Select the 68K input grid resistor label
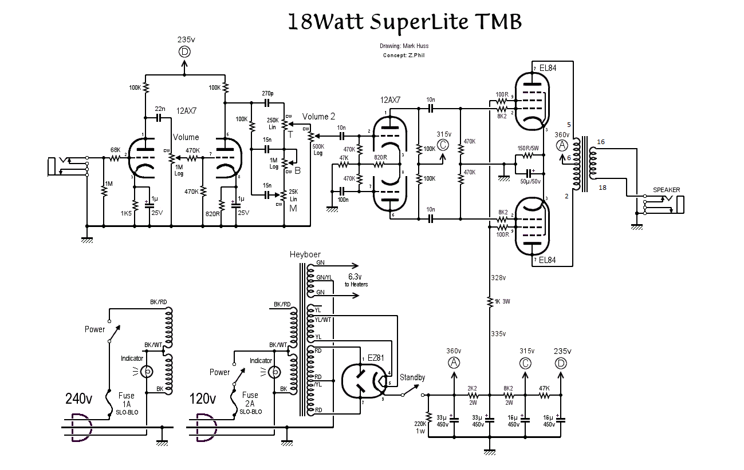116,150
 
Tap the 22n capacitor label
160,109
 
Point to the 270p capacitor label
267,94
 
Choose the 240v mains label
78,398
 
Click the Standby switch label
412,377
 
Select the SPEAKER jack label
667,190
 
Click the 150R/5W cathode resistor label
529,148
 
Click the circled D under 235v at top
184,51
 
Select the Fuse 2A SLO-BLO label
250,403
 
